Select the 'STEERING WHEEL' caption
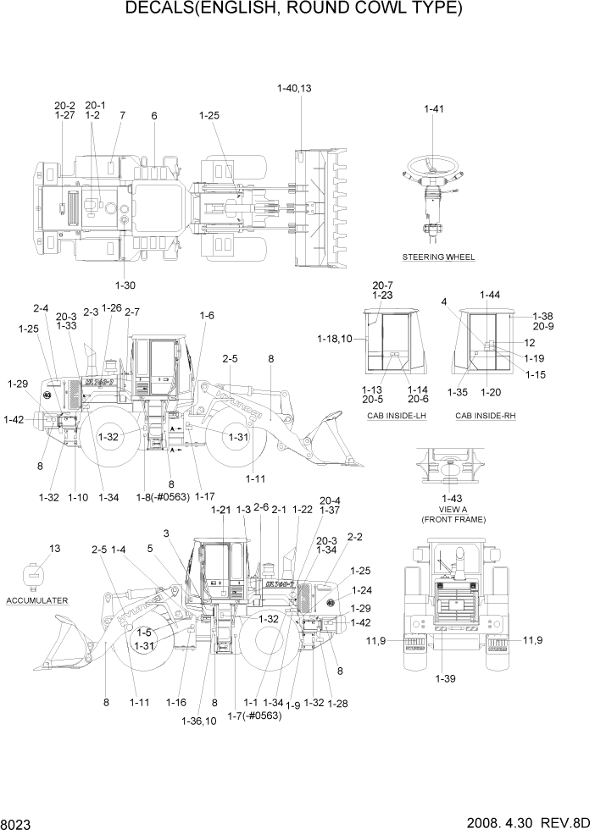coord(438,257)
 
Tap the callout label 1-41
coord(433,108)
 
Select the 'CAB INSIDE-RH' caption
coord(485,416)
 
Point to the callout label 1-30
coord(125,285)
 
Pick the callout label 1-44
coord(489,295)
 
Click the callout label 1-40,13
coord(294,88)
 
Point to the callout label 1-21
coord(220,510)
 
